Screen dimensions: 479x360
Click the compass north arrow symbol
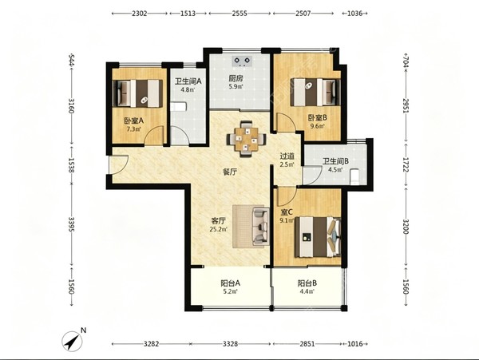[73, 341]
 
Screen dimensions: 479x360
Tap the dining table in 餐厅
[246, 139]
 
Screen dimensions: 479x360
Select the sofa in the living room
[260, 226]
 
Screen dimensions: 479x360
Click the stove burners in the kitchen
[242, 61]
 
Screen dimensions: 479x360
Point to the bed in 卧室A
[137, 93]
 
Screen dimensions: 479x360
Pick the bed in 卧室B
[315, 92]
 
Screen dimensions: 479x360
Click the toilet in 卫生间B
[355, 176]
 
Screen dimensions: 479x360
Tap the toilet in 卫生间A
[179, 107]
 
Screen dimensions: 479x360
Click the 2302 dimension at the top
[140, 14]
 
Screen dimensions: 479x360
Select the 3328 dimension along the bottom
[230, 344]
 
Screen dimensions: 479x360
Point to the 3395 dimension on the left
[71, 224]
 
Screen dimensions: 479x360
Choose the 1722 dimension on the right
[406, 164]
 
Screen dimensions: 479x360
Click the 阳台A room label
[231, 283]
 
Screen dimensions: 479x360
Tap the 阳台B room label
[307, 283]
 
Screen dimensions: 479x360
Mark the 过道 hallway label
[287, 156]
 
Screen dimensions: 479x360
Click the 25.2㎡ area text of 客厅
[219, 229]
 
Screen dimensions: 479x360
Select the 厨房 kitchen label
[236, 78]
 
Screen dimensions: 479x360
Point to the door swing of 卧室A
[155, 136]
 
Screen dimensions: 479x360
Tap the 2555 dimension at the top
[239, 14]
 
